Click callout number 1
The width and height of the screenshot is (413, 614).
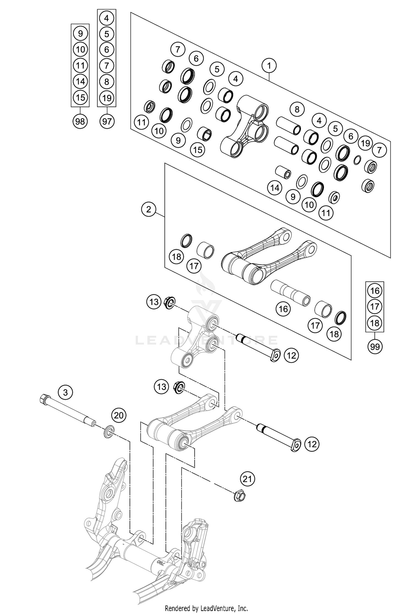pyautogui.click(x=269, y=66)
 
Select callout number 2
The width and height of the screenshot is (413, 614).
pyautogui.click(x=149, y=210)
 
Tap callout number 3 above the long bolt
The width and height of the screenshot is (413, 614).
pyautogui.click(x=65, y=392)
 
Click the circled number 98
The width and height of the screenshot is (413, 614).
pyautogui.click(x=80, y=121)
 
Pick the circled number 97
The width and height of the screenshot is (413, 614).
pyautogui.click(x=107, y=121)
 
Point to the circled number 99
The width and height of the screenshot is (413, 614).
pyautogui.click(x=375, y=347)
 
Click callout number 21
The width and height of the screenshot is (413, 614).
pyautogui.click(x=247, y=479)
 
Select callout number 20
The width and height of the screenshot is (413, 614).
pyautogui.click(x=119, y=415)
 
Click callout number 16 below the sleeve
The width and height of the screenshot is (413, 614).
pyautogui.click(x=283, y=309)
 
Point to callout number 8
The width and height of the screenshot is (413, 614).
pyautogui.click(x=297, y=109)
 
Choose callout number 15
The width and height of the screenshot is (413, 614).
pyautogui.click(x=197, y=150)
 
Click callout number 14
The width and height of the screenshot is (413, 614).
pyautogui.click(x=275, y=188)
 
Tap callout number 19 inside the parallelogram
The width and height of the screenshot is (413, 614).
pyautogui.click(x=365, y=143)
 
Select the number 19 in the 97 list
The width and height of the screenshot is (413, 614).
pyautogui.click(x=107, y=98)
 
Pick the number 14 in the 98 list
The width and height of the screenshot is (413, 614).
pyautogui.click(x=80, y=82)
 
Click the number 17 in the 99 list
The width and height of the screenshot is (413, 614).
pyautogui.click(x=375, y=307)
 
